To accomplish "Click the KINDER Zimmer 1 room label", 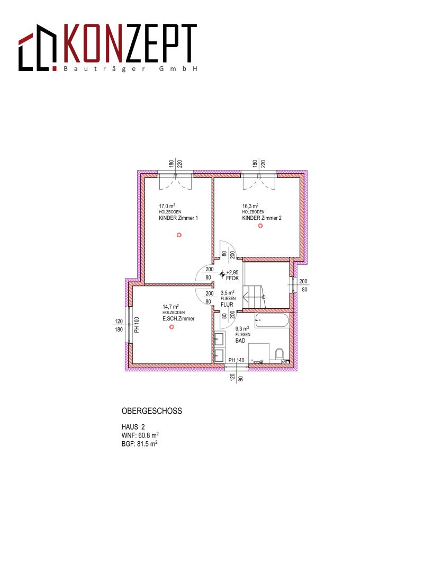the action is pyautogui.click(x=178, y=218).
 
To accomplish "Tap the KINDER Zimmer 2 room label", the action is pyautogui.click(x=262, y=218).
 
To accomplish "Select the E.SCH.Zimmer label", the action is pyautogui.click(x=178, y=318).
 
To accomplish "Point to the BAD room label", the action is pyautogui.click(x=240, y=341).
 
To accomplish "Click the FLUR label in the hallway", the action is pyautogui.click(x=227, y=305).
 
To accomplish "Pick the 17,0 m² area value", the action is pyautogui.click(x=167, y=206).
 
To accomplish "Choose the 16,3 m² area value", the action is pyautogui.click(x=250, y=206).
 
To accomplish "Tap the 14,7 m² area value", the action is pyautogui.click(x=170, y=307).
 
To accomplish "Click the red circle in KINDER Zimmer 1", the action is pyautogui.click(x=179, y=235).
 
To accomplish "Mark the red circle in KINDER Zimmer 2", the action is pyautogui.click(x=260, y=226).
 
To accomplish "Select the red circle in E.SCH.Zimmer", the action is pyautogui.click(x=172, y=327).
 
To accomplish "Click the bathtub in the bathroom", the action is pyautogui.click(x=272, y=320).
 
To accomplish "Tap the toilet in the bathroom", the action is pyautogui.click(x=279, y=354).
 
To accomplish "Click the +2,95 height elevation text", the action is pyautogui.click(x=232, y=273).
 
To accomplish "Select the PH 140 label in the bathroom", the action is pyautogui.click(x=236, y=361).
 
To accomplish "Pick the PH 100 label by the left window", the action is pyautogui.click(x=137, y=325).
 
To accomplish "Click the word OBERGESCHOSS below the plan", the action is pyautogui.click(x=152, y=411).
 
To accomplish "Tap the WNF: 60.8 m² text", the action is pyautogui.click(x=140, y=435).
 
